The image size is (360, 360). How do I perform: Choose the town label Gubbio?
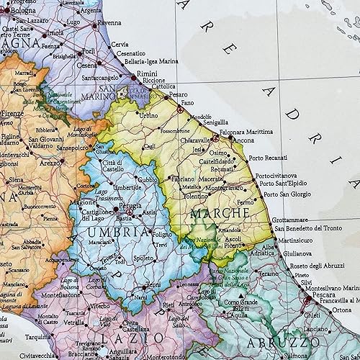tap(148, 179)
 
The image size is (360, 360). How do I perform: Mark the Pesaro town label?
tap(179, 94)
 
